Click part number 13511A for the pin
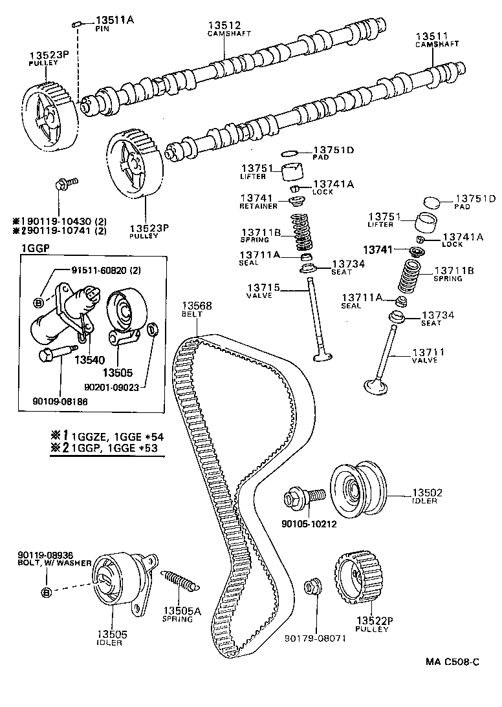tap(115, 20)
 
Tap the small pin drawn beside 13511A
tap(75, 24)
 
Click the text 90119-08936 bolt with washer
tap(41, 554)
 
